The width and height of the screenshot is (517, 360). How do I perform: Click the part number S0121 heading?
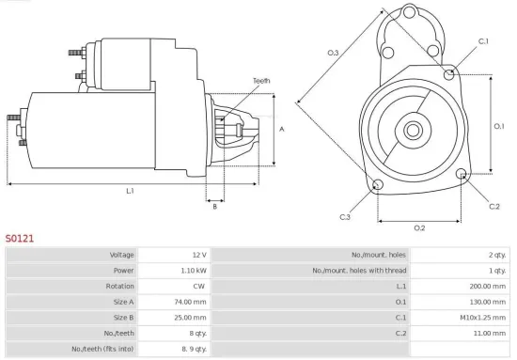tap(20, 239)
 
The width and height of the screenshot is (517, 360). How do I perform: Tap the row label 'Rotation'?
tap(119, 287)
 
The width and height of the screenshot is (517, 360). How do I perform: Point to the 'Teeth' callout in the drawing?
tap(261, 81)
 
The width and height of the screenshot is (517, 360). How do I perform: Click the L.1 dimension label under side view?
tap(130, 191)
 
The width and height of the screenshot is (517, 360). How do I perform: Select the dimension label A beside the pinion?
tap(283, 129)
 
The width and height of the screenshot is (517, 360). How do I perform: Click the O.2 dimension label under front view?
tap(419, 227)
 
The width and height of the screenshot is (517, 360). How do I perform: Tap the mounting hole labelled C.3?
tap(377, 184)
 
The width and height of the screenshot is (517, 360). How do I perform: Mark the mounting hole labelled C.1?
tap(452, 71)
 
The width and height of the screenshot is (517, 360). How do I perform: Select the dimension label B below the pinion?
tap(215, 206)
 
